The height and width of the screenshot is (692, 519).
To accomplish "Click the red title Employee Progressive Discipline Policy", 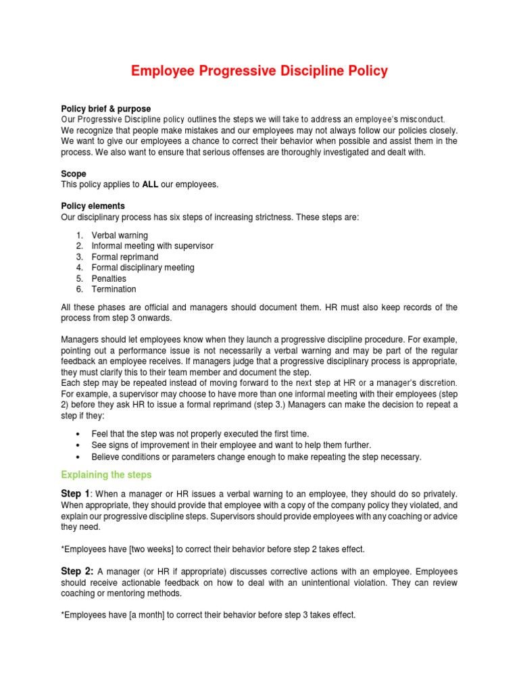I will [x=259, y=72].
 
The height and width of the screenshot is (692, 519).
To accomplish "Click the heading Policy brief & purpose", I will [x=106, y=109].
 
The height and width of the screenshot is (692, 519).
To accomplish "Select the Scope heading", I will [x=74, y=174].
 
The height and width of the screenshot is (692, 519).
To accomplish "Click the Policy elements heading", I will [x=93, y=206].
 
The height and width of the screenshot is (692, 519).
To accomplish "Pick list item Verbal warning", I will [x=120, y=235].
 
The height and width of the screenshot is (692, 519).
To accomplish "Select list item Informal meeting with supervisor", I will [x=152, y=246].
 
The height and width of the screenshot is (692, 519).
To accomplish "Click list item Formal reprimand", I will [x=125, y=257].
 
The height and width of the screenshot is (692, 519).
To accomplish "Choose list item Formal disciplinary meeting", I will [x=143, y=268].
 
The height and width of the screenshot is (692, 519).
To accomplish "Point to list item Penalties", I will [x=109, y=278].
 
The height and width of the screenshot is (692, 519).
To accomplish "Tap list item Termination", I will [x=114, y=289].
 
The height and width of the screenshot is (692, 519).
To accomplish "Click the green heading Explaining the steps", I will [x=106, y=474].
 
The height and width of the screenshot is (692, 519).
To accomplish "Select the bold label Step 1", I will [x=75, y=494].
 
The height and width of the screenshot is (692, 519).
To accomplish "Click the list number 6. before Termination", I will [x=79, y=289].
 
